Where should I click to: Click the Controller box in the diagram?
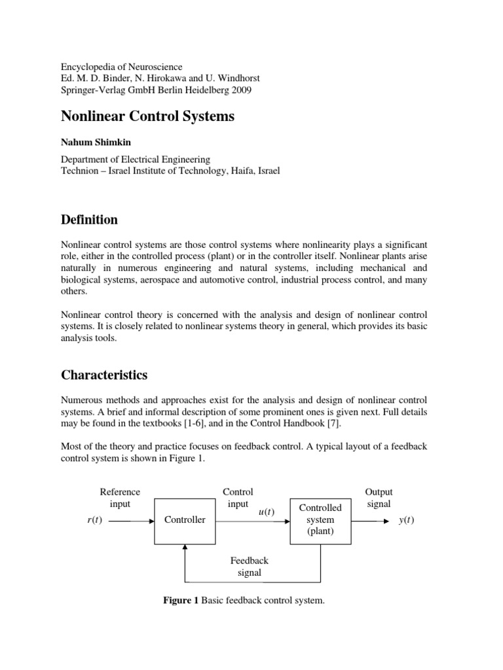(x=185, y=520)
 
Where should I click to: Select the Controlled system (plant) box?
(x=320, y=520)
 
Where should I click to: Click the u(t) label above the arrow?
(x=267, y=511)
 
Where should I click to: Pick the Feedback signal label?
(x=249, y=567)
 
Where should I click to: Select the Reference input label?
(x=120, y=498)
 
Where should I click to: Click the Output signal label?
(x=379, y=498)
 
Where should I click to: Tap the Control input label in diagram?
(x=238, y=498)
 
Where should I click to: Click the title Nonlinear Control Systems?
(x=147, y=116)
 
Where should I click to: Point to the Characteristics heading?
(x=104, y=375)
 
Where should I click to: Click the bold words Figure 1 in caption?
(x=180, y=601)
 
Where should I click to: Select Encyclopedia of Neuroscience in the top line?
(x=122, y=66)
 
